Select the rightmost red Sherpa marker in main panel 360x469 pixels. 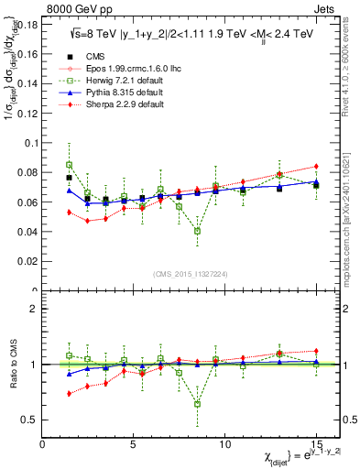click(316, 166)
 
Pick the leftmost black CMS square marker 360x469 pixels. click(69, 178)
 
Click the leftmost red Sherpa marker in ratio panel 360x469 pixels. click(69, 394)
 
